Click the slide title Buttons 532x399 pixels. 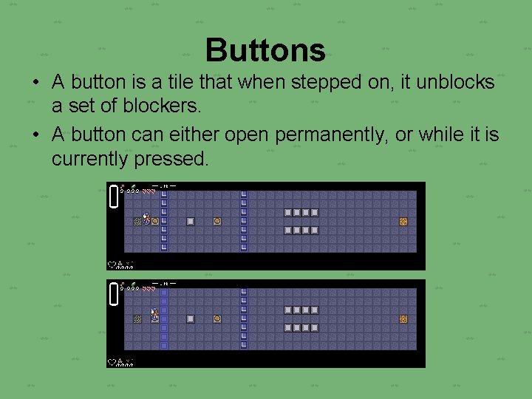[265, 50]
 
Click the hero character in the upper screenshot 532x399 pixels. [146, 219]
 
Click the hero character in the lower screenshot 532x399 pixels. [154, 316]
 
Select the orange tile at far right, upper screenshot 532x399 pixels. [403, 221]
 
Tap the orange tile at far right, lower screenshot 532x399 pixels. [403, 318]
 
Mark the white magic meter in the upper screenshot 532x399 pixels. [114, 197]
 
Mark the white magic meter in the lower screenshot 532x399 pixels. [114, 294]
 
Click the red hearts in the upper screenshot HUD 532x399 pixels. [149, 191]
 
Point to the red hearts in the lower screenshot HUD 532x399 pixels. [149, 288]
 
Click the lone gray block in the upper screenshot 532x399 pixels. [190, 221]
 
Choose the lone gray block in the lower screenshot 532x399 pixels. [190, 318]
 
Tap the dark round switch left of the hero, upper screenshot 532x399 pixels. [137, 221]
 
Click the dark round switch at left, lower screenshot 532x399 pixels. [137, 318]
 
